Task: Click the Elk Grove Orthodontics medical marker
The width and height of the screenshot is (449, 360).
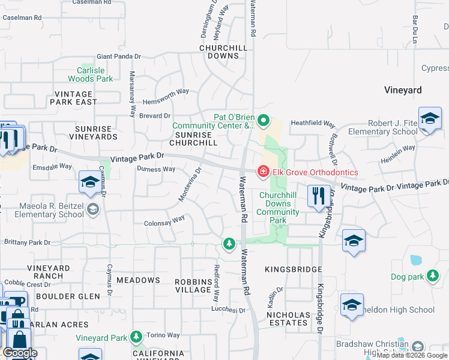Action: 263,172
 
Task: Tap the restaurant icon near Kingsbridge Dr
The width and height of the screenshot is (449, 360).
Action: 318,196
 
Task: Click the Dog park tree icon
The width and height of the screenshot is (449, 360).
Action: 432,277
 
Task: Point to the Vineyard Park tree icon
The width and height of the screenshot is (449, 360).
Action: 136,338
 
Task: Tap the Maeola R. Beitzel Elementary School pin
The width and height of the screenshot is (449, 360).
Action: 92,209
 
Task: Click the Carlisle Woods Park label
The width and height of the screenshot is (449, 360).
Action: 90,74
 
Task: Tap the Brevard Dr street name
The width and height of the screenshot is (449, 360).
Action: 155,115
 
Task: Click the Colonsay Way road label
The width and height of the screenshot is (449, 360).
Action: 164,221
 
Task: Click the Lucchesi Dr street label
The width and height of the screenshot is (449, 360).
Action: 228,310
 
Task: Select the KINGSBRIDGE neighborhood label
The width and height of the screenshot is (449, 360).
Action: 294,270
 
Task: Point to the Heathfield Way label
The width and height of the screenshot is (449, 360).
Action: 313,123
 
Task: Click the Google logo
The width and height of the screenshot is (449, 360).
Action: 20,353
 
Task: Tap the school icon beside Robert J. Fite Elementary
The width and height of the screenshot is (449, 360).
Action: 430,119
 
